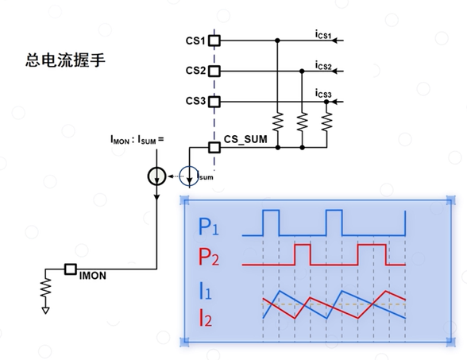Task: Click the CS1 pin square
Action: pyautogui.click(x=214, y=41)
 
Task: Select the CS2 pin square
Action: pyautogui.click(x=214, y=72)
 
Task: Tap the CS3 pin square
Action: pyautogui.click(x=214, y=102)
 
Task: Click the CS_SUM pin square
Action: pyautogui.click(x=214, y=147)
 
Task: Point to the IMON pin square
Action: pyautogui.click(x=71, y=269)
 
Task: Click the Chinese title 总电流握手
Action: pyautogui.click(x=65, y=60)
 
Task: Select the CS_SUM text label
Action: pyautogui.click(x=245, y=140)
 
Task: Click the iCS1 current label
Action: pyautogui.click(x=323, y=35)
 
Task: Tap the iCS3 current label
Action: pyautogui.click(x=323, y=94)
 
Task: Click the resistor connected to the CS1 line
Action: pyautogui.click(x=278, y=122)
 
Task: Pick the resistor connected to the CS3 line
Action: pyautogui.click(x=326, y=122)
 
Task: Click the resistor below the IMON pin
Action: pyautogui.click(x=45, y=288)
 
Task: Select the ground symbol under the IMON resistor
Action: pyautogui.click(x=45, y=311)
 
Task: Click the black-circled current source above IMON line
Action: pyautogui.click(x=156, y=176)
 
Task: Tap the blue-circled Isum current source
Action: pyautogui.click(x=189, y=176)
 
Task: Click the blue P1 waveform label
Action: pyautogui.click(x=208, y=226)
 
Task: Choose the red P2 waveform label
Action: pyautogui.click(x=208, y=256)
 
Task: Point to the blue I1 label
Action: pyautogui.click(x=205, y=291)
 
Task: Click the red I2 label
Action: pyautogui.click(x=205, y=318)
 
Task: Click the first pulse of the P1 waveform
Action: pyautogui.click(x=271, y=211)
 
